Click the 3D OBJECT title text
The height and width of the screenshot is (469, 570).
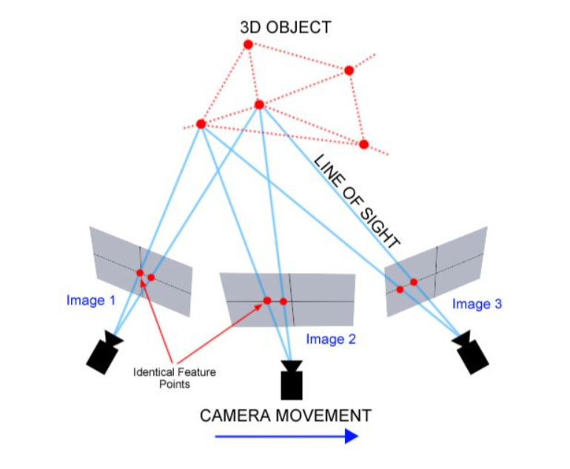(285, 27)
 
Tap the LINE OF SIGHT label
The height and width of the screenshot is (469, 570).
(357, 200)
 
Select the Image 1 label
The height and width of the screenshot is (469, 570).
(90, 300)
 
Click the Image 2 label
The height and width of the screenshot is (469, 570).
(331, 340)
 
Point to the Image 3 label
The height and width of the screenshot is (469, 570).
(477, 304)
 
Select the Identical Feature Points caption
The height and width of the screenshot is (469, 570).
(175, 378)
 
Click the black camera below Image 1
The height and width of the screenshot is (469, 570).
(103, 352)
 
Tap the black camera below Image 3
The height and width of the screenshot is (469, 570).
(472, 352)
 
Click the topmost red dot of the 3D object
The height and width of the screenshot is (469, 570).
(248, 44)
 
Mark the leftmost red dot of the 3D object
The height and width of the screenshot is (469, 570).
(201, 124)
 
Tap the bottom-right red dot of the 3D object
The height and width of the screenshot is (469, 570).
(363, 144)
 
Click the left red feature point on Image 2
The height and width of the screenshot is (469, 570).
(267, 300)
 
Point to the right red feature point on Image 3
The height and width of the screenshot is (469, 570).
(414, 282)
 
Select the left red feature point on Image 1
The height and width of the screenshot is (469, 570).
(139, 273)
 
